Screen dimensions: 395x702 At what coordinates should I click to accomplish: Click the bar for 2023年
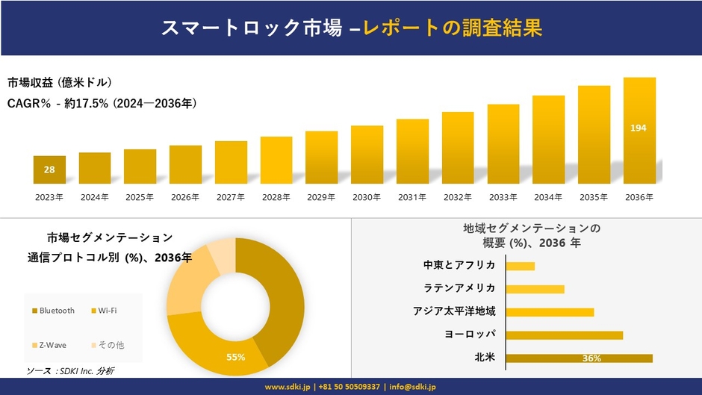click(49, 169)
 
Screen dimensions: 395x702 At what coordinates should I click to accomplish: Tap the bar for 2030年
click(367, 155)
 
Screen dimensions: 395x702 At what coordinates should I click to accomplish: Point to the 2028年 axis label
click(276, 197)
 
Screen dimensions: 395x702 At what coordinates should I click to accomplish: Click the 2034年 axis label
click(548, 197)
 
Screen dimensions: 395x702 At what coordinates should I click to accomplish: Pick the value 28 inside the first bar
click(49, 170)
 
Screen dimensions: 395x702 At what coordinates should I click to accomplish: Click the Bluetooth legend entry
click(54, 311)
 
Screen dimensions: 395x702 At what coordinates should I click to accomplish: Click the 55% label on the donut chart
click(236, 357)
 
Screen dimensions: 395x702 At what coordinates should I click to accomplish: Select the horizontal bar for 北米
click(579, 358)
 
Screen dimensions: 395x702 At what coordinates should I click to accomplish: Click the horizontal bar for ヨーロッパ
click(564, 335)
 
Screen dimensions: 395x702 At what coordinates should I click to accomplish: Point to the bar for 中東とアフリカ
click(520, 266)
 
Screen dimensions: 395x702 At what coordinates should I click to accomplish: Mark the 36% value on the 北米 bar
click(591, 358)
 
